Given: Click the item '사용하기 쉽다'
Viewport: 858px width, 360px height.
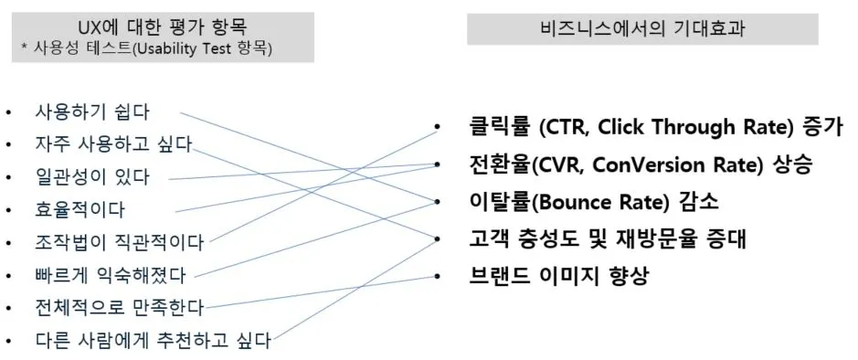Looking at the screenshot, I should pyautogui.click(x=91, y=111).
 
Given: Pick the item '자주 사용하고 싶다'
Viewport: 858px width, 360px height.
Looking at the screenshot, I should pyautogui.click(x=112, y=144).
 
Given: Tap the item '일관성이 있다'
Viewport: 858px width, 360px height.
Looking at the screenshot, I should pyautogui.click(x=91, y=176).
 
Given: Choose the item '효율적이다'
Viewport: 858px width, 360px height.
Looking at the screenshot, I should pyautogui.click(x=79, y=209).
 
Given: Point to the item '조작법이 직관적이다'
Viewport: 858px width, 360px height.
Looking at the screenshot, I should pyautogui.click(x=119, y=242).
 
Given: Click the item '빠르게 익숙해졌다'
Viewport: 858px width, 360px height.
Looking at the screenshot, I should pyautogui.click(x=110, y=275).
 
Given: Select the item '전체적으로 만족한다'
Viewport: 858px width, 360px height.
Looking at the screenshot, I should pyautogui.click(x=119, y=307).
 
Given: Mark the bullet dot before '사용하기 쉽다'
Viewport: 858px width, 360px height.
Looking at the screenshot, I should pyautogui.click(x=9, y=112).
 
